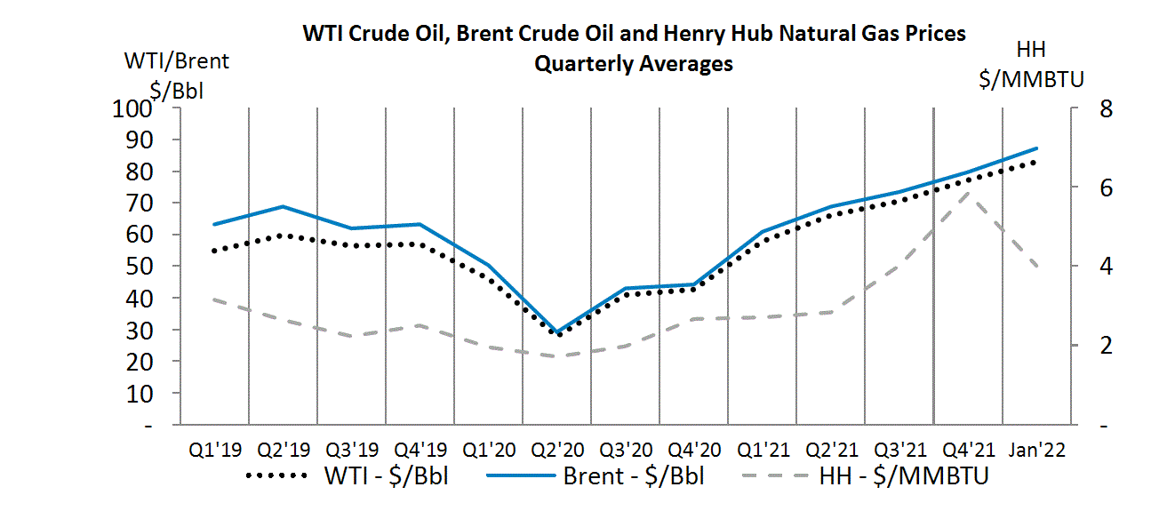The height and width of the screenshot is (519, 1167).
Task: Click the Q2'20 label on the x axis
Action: click(x=557, y=450)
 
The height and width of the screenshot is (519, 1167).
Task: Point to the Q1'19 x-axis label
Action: click(x=214, y=450)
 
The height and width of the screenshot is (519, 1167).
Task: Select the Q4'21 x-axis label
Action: click(x=968, y=450)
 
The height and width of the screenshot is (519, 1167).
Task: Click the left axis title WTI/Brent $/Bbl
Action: click(x=176, y=75)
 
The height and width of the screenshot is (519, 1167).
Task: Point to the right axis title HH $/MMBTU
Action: click(x=1031, y=66)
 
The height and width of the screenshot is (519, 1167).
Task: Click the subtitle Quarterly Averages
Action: click(x=633, y=64)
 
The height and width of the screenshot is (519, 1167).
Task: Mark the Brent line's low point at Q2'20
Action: click(x=558, y=331)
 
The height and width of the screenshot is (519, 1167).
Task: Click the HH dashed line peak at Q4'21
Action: click(x=968, y=192)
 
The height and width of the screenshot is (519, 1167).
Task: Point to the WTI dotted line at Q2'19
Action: click(x=283, y=236)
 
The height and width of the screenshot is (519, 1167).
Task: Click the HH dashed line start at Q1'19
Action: click(x=214, y=299)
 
